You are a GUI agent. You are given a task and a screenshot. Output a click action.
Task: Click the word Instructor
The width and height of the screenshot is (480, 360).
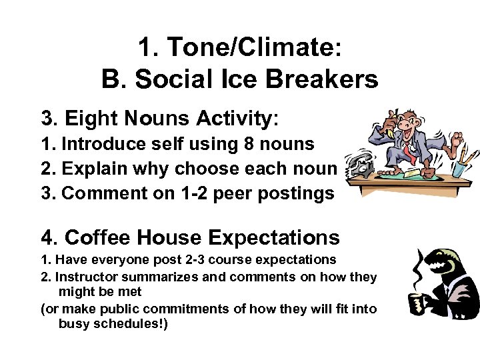tap(87, 277)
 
